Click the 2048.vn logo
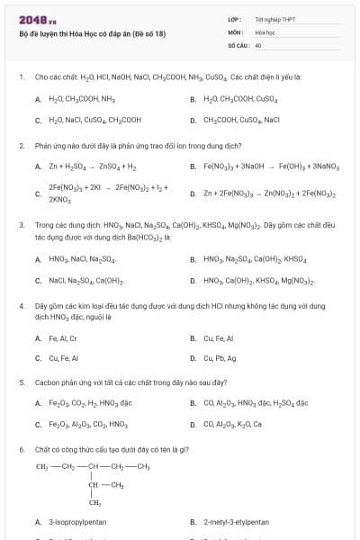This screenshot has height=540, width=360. point(31,20)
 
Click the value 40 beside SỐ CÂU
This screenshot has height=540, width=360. point(258,44)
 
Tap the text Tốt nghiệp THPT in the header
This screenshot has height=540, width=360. point(274,19)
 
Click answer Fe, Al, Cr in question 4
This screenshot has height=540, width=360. point(62,338)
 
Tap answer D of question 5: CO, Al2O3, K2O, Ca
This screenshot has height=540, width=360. point(238,424)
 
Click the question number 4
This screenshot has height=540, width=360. point(21,306)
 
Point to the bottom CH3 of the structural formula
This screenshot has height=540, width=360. point(94,503)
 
